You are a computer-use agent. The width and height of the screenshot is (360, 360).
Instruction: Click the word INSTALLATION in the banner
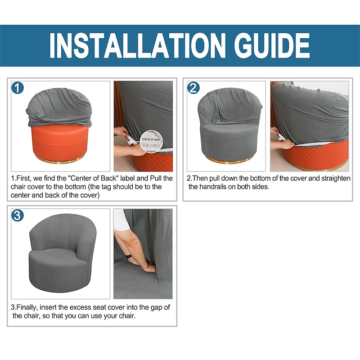(137, 45)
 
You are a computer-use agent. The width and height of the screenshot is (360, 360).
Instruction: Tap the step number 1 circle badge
(18, 88)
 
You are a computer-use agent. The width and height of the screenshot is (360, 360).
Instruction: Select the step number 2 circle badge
(193, 88)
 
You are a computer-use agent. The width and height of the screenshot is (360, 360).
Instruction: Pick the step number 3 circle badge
(18, 216)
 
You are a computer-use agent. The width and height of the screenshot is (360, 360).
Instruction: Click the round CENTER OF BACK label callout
(151, 141)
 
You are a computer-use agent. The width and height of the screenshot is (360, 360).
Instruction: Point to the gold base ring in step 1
(59, 161)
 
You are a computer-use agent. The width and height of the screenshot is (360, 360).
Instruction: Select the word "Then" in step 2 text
(199, 178)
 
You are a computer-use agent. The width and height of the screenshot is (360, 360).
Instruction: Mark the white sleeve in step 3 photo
(121, 220)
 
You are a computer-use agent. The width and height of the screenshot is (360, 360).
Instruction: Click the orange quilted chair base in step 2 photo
(317, 156)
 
